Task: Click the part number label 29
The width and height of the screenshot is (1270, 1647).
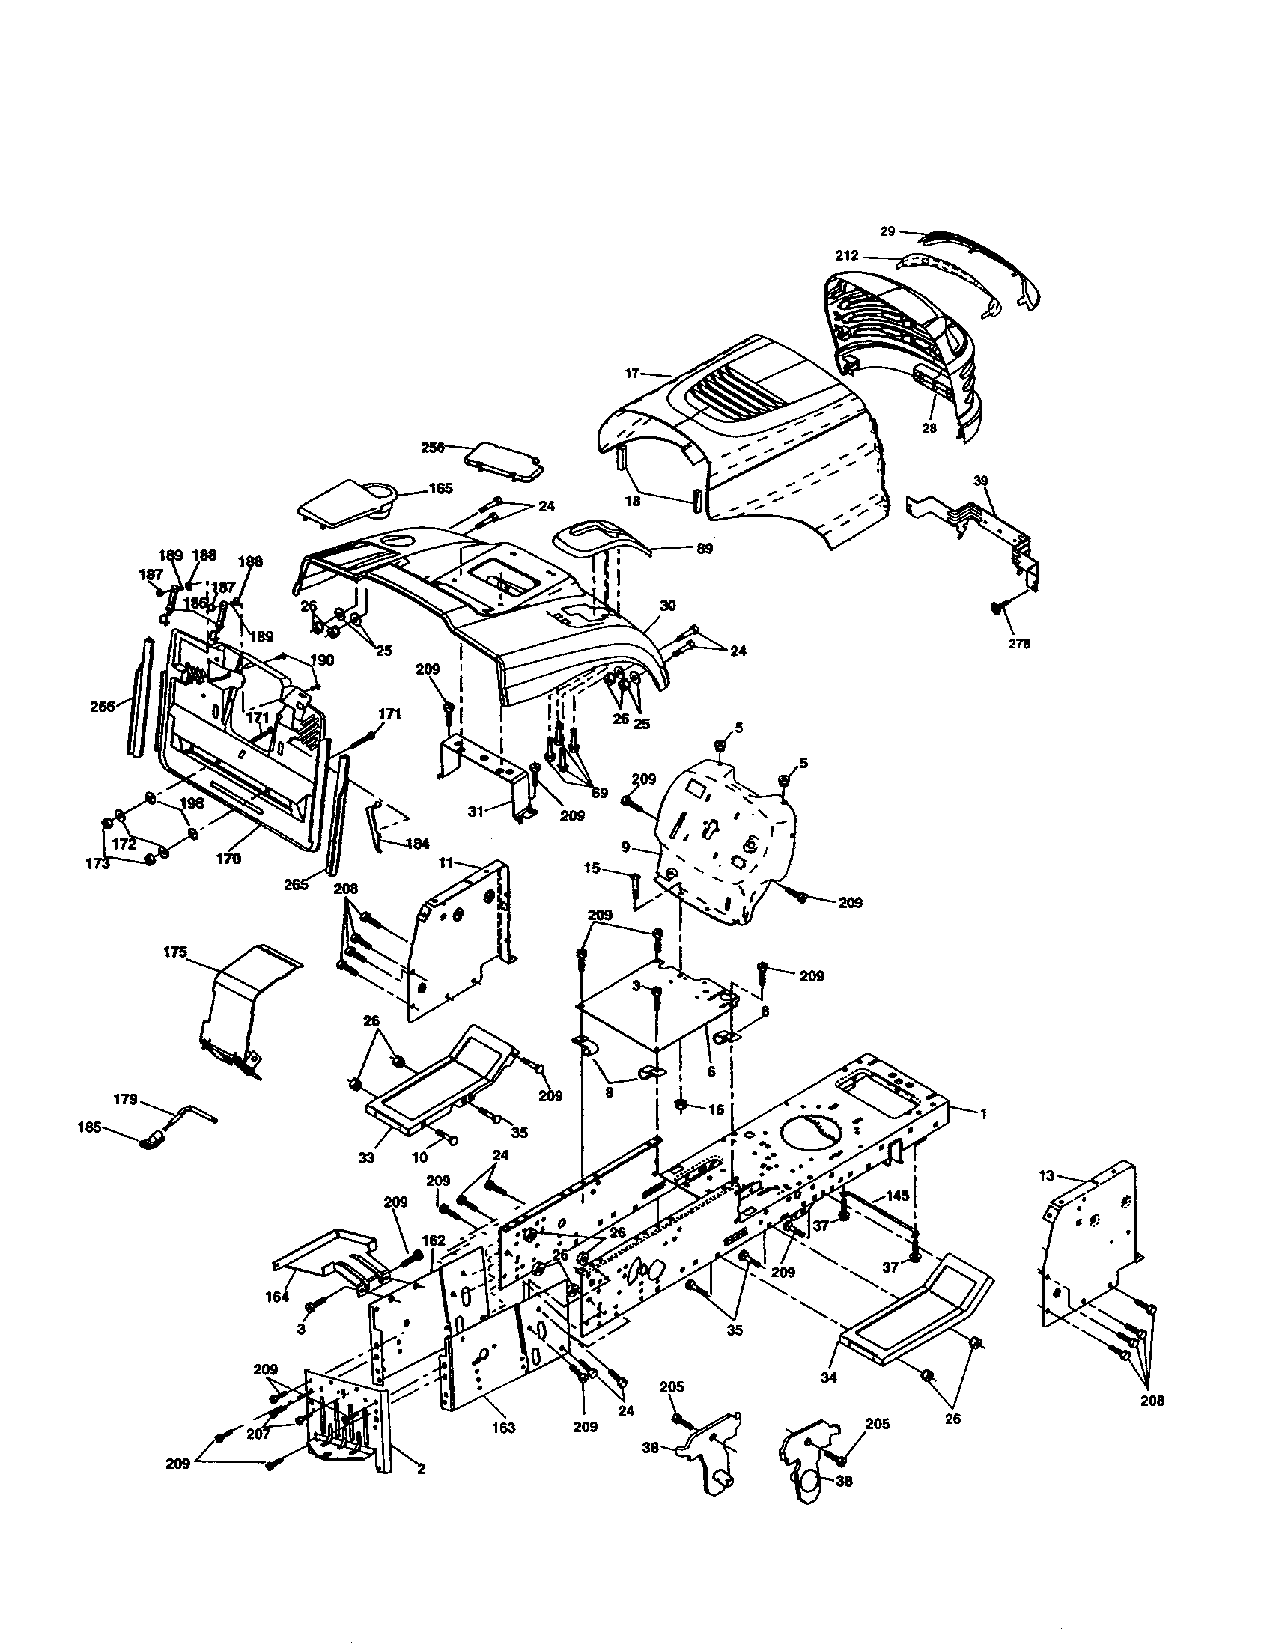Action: (887, 231)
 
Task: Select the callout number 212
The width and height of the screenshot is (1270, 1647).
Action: (847, 255)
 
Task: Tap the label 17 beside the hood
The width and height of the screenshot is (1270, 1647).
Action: (632, 373)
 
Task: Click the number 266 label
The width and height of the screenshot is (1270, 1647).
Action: (103, 706)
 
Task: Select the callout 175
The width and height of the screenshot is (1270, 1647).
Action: (174, 952)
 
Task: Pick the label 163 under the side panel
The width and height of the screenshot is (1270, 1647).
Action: (503, 1427)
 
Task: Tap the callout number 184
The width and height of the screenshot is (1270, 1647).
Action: (417, 844)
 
